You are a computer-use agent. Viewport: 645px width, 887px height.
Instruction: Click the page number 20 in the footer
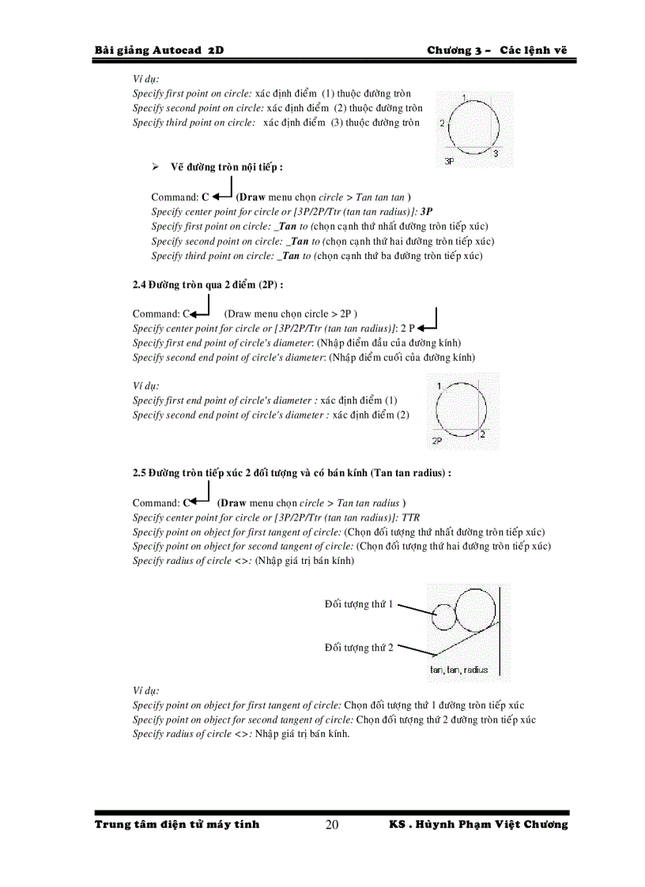[332, 825]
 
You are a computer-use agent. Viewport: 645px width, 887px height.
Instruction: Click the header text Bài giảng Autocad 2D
[159, 50]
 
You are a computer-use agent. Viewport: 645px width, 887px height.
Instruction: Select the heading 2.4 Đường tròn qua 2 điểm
[208, 284]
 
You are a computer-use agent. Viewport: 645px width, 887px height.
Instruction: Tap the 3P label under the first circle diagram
[449, 160]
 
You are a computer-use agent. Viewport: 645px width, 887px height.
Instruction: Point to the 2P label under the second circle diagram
[436, 441]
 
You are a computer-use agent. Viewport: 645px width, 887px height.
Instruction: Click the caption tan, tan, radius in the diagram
[458, 670]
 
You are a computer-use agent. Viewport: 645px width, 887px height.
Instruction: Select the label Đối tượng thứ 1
[358, 604]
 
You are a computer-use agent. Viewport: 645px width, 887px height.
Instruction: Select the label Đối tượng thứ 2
[358, 648]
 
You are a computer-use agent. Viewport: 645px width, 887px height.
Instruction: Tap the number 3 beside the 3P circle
[495, 154]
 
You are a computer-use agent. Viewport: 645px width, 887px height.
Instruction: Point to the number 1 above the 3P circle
[464, 97]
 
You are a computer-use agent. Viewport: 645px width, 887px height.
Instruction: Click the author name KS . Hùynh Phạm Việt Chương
[478, 825]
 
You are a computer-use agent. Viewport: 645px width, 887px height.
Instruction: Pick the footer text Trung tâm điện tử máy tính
[177, 825]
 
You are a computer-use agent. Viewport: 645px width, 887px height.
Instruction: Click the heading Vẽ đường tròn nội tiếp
[226, 167]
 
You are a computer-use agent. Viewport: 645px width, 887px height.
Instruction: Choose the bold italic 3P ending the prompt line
[426, 212]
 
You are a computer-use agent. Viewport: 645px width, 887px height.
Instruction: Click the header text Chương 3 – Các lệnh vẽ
[497, 50]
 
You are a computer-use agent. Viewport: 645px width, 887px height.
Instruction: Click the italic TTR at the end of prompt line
[411, 517]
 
